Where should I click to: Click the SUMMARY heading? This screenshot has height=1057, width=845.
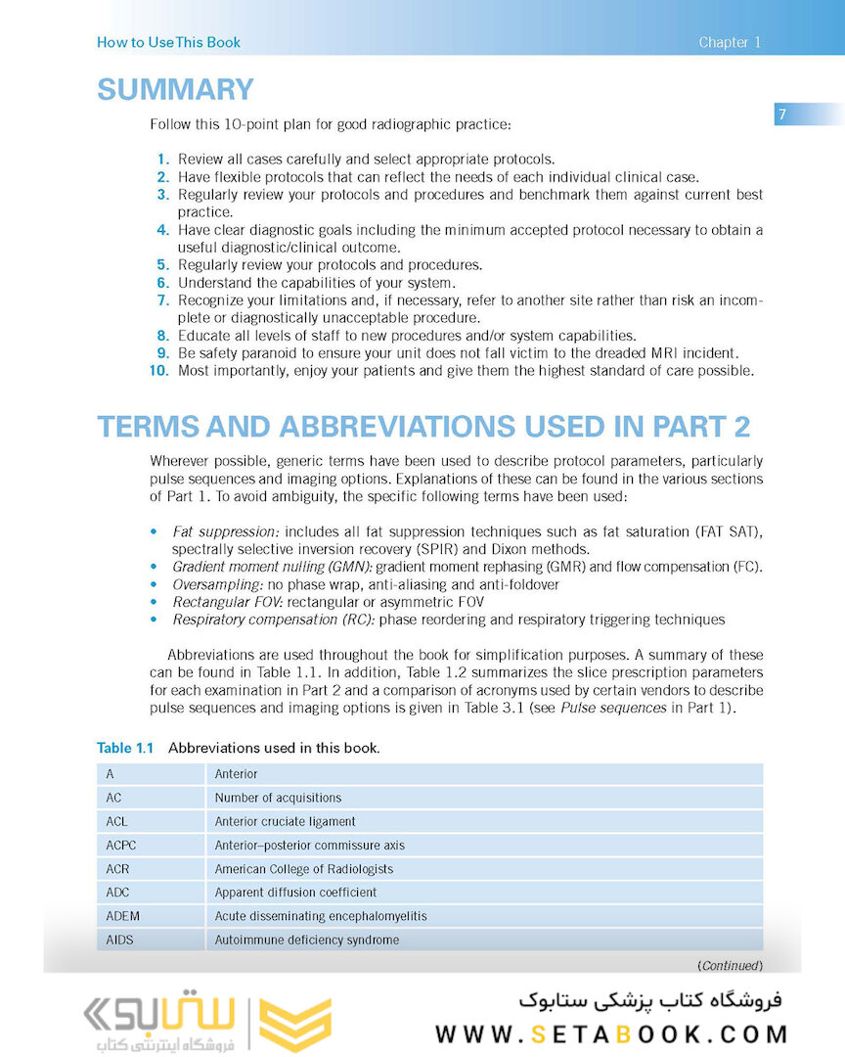[175, 89]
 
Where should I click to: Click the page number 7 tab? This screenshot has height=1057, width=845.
[782, 115]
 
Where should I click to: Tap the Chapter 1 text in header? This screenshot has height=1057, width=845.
[729, 42]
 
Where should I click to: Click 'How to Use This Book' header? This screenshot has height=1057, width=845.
[168, 42]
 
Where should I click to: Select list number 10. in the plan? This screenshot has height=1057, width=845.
[158, 371]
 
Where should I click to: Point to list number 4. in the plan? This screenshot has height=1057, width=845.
[162, 230]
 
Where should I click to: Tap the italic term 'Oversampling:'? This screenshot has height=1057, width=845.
[215, 584]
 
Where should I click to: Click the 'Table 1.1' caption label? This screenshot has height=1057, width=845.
[125, 748]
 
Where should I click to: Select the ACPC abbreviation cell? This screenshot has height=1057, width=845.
[118, 845]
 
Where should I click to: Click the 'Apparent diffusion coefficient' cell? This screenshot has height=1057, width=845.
[295, 892]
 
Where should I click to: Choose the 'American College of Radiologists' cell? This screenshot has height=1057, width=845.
[303, 868]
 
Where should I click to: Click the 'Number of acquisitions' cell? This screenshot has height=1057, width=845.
[278, 798]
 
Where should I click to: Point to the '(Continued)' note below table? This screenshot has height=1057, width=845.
[729, 965]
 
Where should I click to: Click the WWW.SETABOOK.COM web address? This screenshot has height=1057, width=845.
[611, 1034]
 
